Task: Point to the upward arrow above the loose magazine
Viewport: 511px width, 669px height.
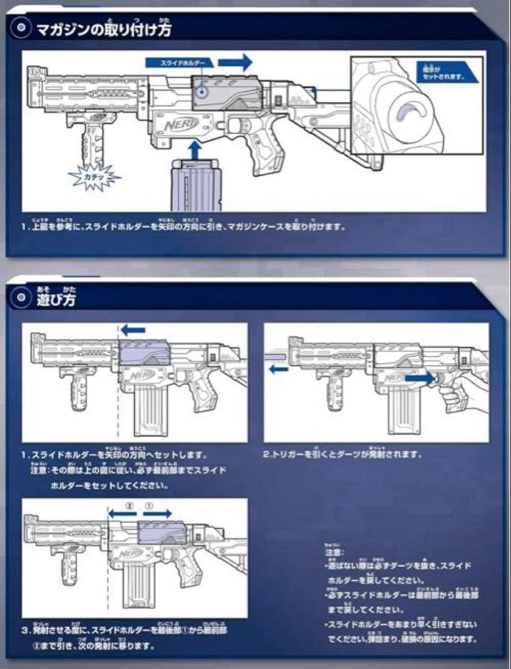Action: (196, 151)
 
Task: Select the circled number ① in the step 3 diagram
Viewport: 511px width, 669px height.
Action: (149, 505)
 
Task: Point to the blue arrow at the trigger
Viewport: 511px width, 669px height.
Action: (421, 376)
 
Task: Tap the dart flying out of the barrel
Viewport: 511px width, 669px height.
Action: (276, 354)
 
